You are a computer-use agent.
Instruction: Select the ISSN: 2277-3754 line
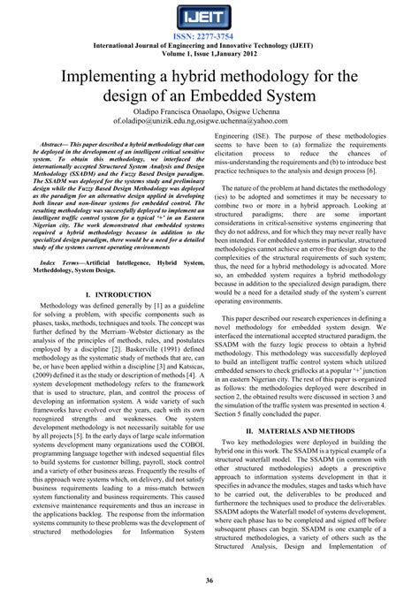click(209, 36)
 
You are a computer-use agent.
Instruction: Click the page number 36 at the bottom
click(209, 580)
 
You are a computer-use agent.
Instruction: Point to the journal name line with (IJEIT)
click(209, 45)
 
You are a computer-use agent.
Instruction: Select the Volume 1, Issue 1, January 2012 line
click(209, 54)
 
